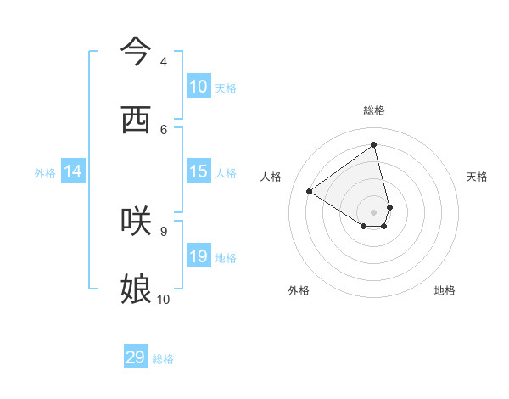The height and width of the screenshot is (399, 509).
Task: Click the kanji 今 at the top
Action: click(136, 51)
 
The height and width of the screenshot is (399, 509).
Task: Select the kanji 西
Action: click(136, 120)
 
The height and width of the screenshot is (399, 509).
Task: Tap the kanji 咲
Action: click(136, 221)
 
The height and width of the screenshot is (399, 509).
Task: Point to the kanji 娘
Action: click(136, 289)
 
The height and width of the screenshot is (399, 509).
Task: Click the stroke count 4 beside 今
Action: click(164, 62)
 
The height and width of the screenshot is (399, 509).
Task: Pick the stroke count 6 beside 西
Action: click(164, 129)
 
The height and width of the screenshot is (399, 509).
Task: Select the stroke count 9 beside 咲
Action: click(164, 231)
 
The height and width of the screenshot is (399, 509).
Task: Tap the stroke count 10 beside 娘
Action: click(164, 299)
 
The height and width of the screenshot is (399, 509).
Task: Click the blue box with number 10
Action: click(199, 87)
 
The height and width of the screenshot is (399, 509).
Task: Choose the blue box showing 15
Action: click(199, 171)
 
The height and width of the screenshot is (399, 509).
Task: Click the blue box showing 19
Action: click(199, 256)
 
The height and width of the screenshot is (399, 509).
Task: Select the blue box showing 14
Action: click(73, 171)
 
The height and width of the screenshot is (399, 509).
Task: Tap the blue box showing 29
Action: click(136, 357)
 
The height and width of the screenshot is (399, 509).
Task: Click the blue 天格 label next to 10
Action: click(226, 88)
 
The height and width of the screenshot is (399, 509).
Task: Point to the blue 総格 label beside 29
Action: click(163, 359)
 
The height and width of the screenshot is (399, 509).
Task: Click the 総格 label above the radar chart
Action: click(374, 110)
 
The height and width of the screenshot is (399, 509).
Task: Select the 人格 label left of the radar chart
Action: click(271, 177)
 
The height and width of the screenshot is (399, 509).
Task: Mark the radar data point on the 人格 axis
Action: click(310, 192)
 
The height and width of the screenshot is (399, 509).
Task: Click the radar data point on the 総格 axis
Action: click(374, 145)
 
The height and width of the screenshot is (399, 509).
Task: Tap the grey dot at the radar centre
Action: click(374, 212)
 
